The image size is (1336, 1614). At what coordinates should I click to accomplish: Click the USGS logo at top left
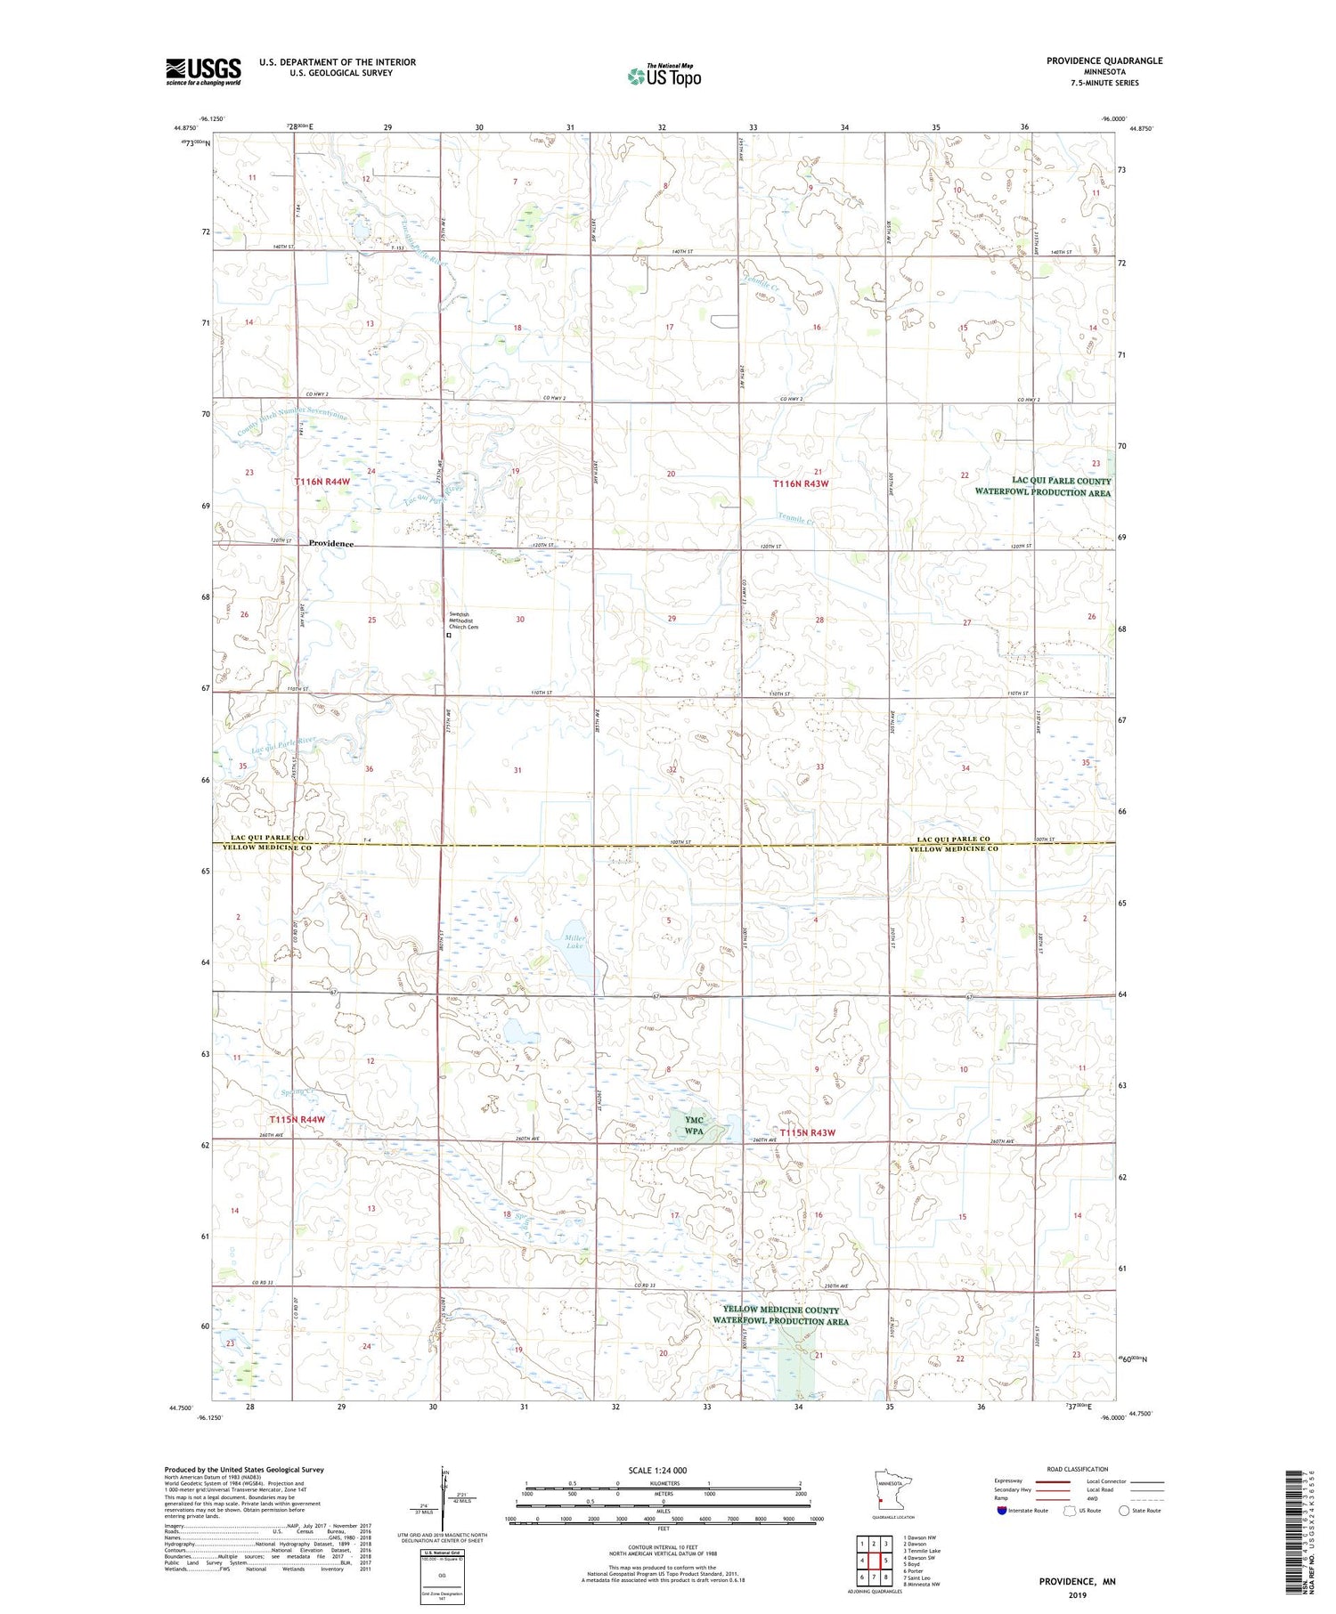click(203, 71)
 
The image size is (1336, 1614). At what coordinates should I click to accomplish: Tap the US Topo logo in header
click(664, 77)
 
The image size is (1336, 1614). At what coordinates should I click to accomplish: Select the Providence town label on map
click(331, 543)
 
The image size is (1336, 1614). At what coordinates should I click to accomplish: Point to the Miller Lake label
click(574, 940)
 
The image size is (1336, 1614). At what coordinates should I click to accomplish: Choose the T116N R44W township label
click(322, 482)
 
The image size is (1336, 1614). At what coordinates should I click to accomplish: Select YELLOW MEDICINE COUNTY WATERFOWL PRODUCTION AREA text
click(781, 1315)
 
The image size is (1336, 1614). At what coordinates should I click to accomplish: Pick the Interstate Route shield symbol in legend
click(1004, 1511)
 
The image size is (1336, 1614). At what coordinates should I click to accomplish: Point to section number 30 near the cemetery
click(519, 619)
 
